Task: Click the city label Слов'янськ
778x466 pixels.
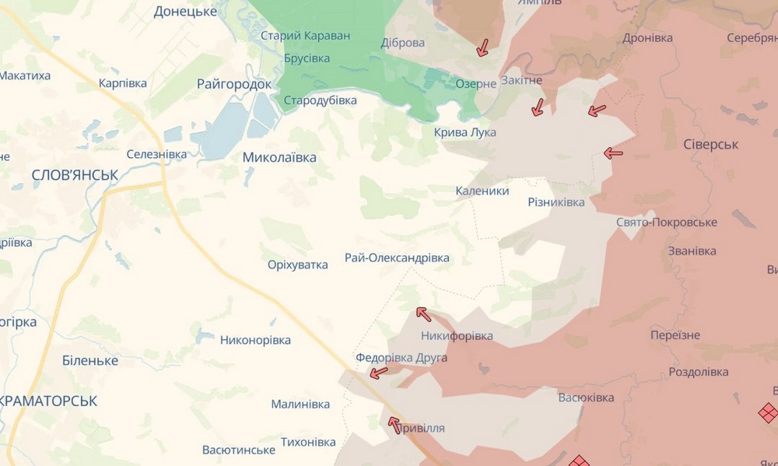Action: click(x=75, y=176)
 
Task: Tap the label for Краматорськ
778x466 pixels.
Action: click(x=48, y=401)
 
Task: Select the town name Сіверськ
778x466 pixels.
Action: click(x=710, y=145)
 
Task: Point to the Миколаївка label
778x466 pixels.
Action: click(x=279, y=157)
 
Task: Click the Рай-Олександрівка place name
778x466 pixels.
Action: click(x=397, y=258)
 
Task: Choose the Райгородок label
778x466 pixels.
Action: click(x=234, y=84)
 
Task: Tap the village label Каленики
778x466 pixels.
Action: click(x=482, y=191)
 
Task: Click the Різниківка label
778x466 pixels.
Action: click(x=555, y=202)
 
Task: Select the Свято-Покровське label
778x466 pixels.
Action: click(x=666, y=222)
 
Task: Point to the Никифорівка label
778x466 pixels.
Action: click(x=457, y=336)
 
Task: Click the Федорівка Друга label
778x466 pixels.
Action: click(x=401, y=358)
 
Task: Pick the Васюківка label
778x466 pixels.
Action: click(x=586, y=398)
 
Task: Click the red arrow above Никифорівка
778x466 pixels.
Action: click(x=422, y=314)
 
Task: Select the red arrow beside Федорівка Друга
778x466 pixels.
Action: click(x=378, y=373)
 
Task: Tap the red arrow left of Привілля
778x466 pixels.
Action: click(x=394, y=424)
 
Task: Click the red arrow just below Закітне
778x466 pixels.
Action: click(x=537, y=107)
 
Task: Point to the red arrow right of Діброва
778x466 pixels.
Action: click(x=482, y=47)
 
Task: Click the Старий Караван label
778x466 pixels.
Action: click(x=305, y=36)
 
